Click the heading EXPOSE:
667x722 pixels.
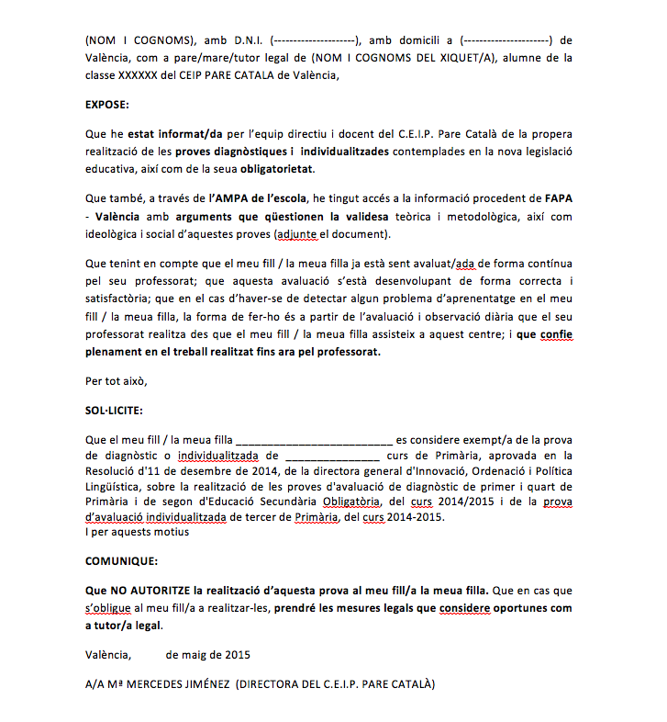pos(107,104)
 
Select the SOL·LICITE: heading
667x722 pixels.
pos(114,412)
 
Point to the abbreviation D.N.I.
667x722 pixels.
pos(247,40)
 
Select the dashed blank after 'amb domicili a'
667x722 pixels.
pos(506,40)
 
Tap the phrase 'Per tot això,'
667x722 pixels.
pos(116,380)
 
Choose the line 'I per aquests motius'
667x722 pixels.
pos(137,532)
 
